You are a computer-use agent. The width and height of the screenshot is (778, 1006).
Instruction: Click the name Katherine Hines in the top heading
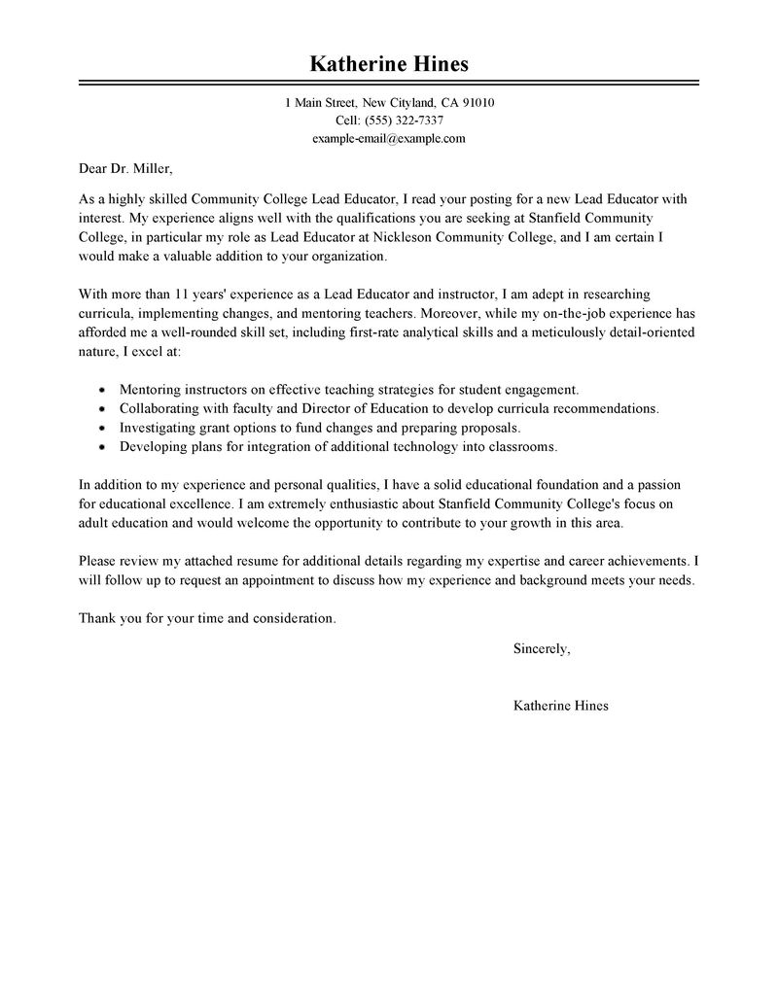tap(389, 65)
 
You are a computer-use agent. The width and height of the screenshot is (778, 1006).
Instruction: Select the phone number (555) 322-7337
tap(404, 121)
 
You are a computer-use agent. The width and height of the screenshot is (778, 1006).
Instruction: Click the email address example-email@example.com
tap(389, 138)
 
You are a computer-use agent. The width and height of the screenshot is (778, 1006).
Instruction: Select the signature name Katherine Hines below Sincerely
tap(560, 706)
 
